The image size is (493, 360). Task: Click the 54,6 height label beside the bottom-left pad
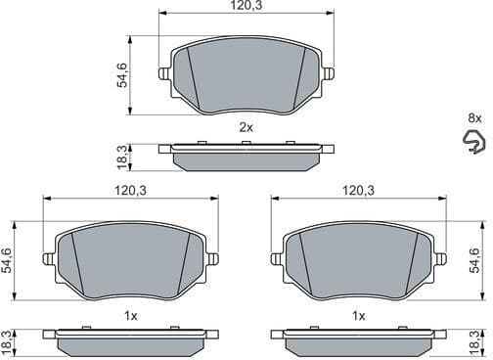[x=8, y=261]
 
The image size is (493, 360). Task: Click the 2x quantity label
[x=246, y=127]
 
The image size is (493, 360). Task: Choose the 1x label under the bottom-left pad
[x=131, y=315]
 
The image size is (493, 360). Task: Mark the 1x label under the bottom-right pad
[x=359, y=315]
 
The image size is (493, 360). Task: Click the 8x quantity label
[x=474, y=117]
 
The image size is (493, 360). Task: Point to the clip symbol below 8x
[x=474, y=144]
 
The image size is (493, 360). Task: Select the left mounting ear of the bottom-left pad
[x=49, y=259]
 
